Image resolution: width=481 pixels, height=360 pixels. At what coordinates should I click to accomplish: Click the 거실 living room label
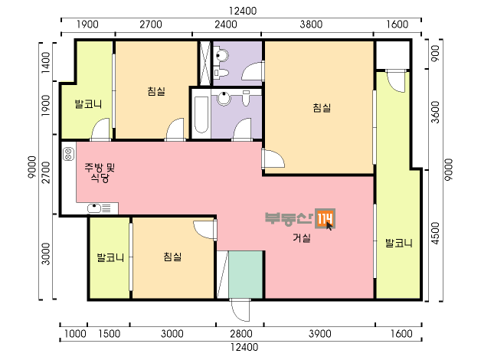click(302, 237)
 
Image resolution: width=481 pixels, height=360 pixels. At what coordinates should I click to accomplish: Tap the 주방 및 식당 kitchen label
click(100, 172)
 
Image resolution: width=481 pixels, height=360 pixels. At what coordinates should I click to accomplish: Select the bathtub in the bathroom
click(201, 115)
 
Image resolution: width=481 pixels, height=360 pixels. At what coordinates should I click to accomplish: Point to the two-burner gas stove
click(68, 154)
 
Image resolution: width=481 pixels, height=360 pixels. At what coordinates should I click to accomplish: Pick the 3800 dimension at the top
click(311, 25)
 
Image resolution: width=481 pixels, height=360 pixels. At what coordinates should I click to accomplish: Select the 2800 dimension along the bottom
click(241, 334)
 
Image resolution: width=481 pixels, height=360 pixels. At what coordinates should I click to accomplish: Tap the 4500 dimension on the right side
click(435, 234)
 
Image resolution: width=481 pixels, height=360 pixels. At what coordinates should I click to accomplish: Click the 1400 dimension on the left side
click(46, 63)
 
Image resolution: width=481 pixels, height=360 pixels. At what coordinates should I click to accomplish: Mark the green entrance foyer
click(245, 274)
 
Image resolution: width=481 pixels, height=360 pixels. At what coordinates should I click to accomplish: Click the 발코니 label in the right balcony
click(398, 243)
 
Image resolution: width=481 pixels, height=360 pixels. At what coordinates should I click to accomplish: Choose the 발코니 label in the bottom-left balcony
click(110, 257)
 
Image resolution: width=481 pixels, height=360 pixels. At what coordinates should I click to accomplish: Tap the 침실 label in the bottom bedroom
click(172, 257)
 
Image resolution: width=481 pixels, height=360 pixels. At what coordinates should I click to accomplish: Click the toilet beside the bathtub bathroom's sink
click(246, 98)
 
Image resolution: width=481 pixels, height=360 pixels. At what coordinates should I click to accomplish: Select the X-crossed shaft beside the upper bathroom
click(205, 63)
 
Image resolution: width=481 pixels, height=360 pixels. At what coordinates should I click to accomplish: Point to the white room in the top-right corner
click(393, 55)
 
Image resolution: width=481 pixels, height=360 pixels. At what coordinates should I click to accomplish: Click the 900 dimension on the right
click(435, 53)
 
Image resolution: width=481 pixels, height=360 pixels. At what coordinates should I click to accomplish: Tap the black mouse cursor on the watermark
click(329, 226)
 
